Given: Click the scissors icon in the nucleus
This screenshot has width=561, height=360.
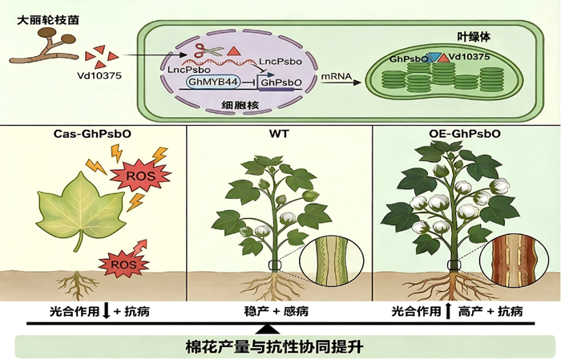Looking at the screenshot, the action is point(208,51).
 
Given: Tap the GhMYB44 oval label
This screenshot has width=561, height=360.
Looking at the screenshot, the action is point(213,83).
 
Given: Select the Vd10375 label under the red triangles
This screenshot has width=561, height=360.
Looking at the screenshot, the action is point(99,75).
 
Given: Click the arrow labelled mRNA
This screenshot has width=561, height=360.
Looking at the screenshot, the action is point(341,83).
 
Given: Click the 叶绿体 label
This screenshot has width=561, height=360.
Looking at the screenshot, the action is point(474,37).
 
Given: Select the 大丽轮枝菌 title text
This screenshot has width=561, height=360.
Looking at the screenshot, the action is point(48,20).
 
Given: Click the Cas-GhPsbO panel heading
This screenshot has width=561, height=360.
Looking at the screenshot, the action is point(92,134).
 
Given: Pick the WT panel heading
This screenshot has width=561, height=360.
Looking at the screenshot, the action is point(280,134).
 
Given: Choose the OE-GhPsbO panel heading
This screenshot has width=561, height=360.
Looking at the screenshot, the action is point(465,134).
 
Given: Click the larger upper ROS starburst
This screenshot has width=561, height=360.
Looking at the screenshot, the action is point(140,176).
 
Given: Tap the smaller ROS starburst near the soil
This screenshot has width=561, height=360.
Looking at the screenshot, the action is point(123,265).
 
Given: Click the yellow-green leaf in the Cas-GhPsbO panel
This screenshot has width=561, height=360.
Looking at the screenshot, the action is point(82,208).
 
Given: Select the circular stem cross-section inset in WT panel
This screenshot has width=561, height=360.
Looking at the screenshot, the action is point(331,260).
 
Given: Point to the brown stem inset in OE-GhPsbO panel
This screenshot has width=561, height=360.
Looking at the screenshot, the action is point(513,260).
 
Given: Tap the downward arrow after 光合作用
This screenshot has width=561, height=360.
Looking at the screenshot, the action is point(106,311).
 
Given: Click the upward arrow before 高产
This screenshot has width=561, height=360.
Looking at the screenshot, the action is point(447,311).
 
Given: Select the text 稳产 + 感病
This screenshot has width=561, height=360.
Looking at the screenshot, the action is point(276,311).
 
